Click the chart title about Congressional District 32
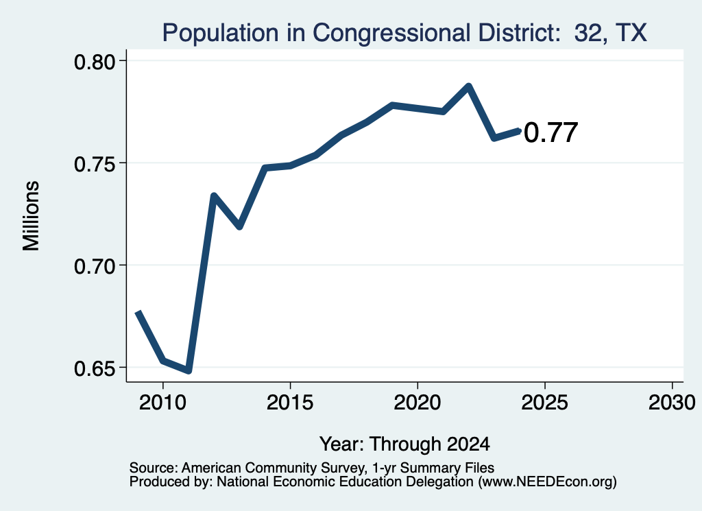pyautogui.click(x=404, y=33)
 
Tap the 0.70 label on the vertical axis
pyautogui.click(x=95, y=266)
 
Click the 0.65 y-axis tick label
pyautogui.click(x=95, y=368)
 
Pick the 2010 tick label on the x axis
pyautogui.click(x=162, y=402)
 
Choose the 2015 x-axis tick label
pyautogui.click(x=290, y=402)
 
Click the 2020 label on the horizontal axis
pyautogui.click(x=417, y=402)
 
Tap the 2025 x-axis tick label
pyautogui.click(x=545, y=402)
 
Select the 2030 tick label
pyautogui.click(x=672, y=402)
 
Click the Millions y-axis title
pyautogui.click(x=31, y=215)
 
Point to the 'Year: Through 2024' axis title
pyautogui.click(x=404, y=444)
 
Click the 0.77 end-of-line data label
pyautogui.click(x=550, y=133)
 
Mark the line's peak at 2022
pyautogui.click(x=469, y=85)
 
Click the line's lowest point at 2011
pyautogui.click(x=189, y=371)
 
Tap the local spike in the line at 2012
pyautogui.click(x=214, y=195)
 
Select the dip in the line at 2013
pyautogui.click(x=239, y=226)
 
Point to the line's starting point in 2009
pyautogui.click(x=138, y=311)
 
